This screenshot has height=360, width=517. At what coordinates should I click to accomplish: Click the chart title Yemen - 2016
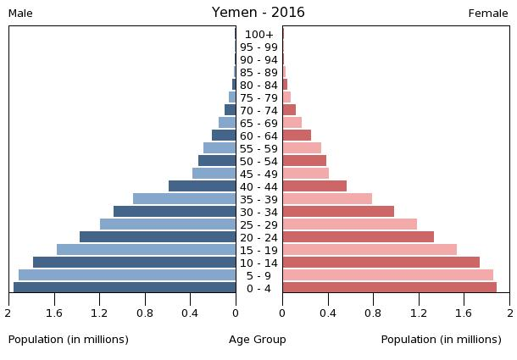click(258, 13)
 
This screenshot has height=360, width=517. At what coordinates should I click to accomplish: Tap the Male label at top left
click(20, 14)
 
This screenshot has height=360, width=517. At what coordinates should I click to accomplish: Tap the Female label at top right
click(488, 14)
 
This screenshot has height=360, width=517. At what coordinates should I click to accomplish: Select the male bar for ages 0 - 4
click(125, 288)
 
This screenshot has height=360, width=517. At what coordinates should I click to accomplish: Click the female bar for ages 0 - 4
click(389, 288)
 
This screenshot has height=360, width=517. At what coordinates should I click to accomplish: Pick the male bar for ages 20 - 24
click(158, 237)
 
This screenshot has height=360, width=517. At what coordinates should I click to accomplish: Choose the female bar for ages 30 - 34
click(338, 212)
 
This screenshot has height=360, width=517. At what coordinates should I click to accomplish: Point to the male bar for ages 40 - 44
click(203, 186)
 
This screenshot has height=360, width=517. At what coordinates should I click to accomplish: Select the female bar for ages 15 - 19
click(370, 250)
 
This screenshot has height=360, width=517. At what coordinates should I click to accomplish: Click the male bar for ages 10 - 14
click(135, 263)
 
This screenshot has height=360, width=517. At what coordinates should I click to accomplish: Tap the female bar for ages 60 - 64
click(297, 136)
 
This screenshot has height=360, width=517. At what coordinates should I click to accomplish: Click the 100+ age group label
click(258, 35)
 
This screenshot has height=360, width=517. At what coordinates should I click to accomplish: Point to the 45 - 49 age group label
click(258, 174)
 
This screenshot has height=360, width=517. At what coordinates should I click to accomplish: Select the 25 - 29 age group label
click(258, 225)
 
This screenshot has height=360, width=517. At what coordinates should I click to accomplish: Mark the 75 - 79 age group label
click(258, 98)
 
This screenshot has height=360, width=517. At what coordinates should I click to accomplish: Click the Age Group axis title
click(258, 340)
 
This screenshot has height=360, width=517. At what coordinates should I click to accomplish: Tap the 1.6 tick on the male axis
click(54, 314)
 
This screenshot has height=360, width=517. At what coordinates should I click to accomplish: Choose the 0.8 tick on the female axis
click(373, 314)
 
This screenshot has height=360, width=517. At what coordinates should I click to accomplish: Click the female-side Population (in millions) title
click(442, 340)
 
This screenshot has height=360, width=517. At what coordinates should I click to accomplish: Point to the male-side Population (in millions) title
click(69, 340)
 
